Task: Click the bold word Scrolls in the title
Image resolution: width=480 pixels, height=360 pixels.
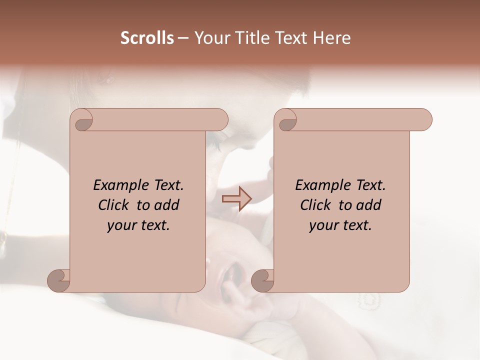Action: [147, 38]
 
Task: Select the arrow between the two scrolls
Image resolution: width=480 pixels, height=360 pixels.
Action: [236, 199]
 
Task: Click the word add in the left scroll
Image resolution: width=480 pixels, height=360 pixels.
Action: [166, 205]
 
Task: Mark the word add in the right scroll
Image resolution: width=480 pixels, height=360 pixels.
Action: [368, 205]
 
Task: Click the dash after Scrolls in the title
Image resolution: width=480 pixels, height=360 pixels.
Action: [183, 38]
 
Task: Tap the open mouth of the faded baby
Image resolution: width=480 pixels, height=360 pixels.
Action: [233, 272]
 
